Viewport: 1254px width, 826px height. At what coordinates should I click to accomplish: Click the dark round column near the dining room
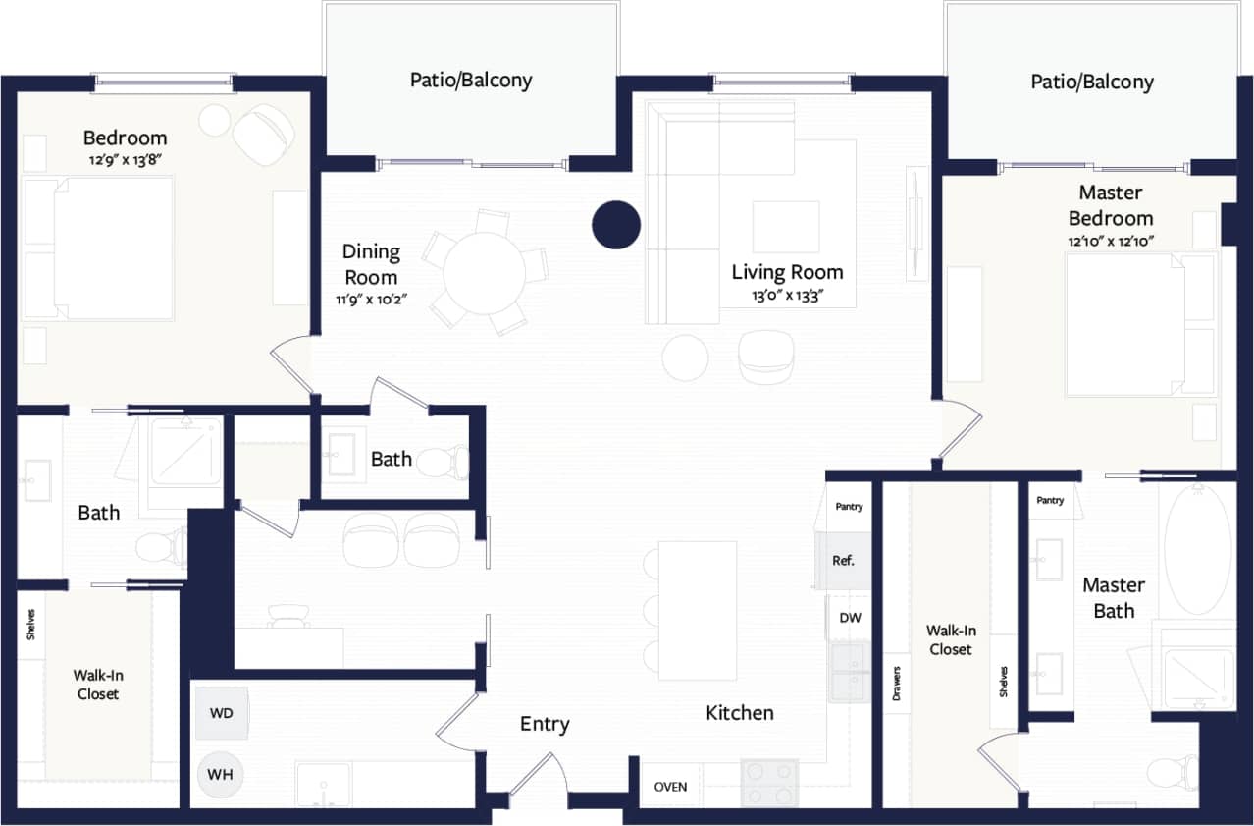pos(616,224)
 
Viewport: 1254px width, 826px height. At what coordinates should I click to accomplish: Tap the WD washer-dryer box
pos(222,713)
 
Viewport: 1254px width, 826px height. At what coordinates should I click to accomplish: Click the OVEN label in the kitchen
pos(670,787)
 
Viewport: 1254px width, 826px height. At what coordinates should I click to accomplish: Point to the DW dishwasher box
pos(850,618)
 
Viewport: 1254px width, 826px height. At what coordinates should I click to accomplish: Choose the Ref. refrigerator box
pos(844,561)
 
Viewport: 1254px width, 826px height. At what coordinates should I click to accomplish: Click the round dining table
pos(486,272)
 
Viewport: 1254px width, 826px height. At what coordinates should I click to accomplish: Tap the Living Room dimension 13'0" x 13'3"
pos(786,294)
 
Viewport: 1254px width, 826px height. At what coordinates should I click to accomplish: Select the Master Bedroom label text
pos(1111,205)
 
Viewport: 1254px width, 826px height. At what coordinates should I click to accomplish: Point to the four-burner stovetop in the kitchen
pos(769,783)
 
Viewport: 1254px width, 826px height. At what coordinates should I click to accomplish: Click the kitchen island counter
pos(697,610)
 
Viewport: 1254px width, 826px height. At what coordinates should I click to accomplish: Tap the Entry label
pos(545,724)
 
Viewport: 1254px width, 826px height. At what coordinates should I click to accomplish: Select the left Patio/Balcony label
pos(471,80)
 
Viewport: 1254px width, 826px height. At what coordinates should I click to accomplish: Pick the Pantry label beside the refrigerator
pos(849,507)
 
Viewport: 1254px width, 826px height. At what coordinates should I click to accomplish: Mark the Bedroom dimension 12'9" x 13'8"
pos(125,158)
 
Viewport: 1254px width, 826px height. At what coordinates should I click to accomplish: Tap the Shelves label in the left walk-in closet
pos(29,625)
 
